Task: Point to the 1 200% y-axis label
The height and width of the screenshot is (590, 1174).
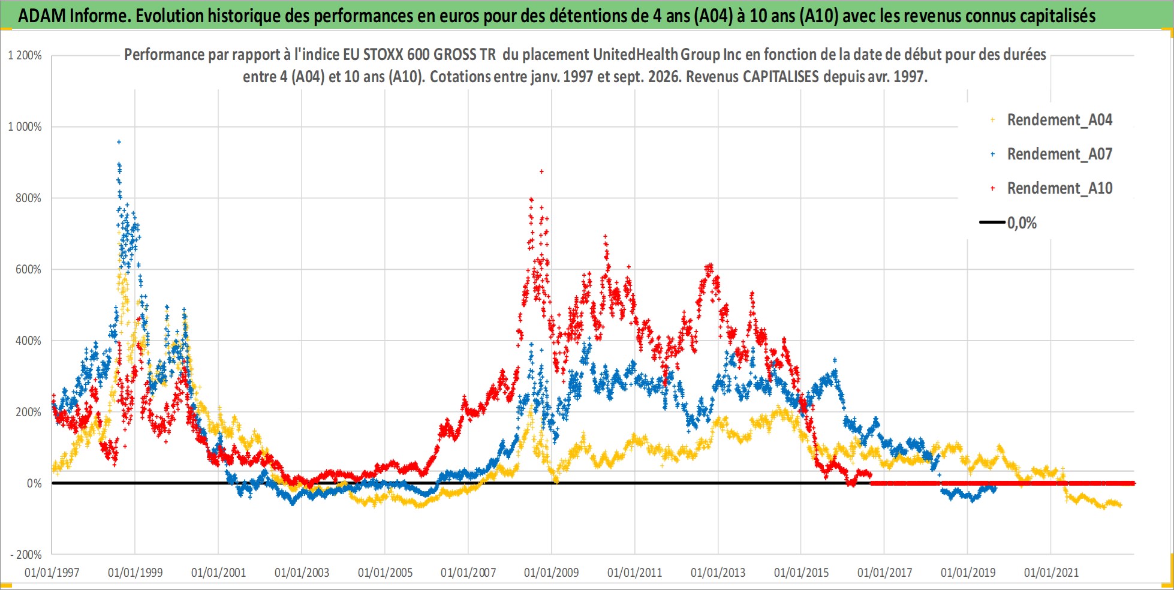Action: [x=25, y=56]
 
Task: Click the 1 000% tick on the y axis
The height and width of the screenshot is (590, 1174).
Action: [x=25, y=127]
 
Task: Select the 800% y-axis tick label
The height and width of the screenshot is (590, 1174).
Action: [x=29, y=198]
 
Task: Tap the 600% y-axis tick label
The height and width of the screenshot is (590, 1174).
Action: [x=29, y=269]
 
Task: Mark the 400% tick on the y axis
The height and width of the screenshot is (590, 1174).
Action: [x=29, y=341]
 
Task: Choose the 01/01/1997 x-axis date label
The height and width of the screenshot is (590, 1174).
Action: [x=52, y=573]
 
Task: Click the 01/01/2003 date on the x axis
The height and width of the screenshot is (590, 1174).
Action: [x=302, y=573]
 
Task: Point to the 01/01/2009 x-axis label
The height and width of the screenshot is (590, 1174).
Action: [x=552, y=573]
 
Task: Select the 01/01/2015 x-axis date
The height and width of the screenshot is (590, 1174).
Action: [x=801, y=573]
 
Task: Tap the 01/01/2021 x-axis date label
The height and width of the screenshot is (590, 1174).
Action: [x=1051, y=573]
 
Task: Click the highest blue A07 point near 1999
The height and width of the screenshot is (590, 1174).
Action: [x=119, y=142]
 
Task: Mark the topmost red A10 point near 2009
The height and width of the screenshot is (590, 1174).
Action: [x=541, y=171]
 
